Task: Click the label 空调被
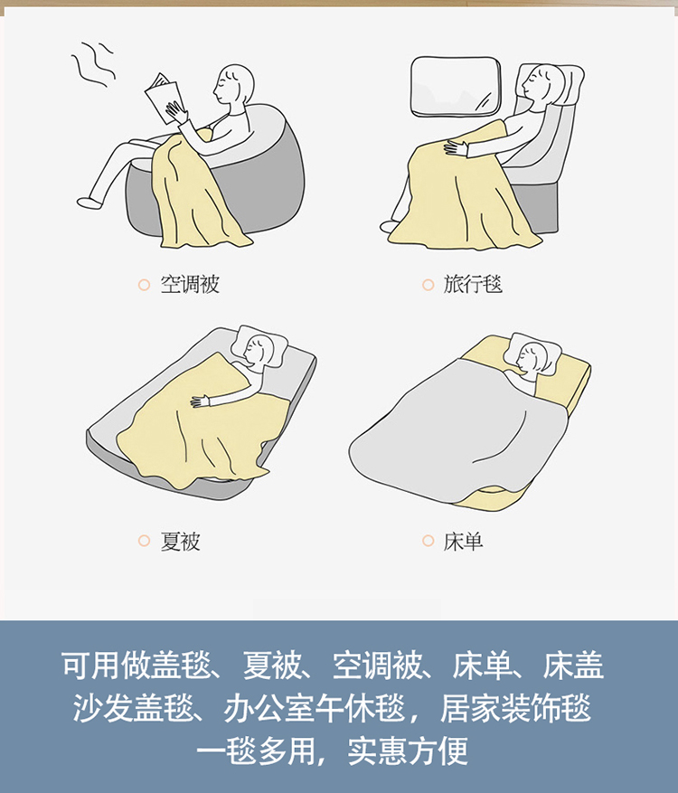[x=190, y=284]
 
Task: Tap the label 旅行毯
[x=473, y=284]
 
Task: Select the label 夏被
[x=180, y=541]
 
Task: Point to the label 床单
[x=463, y=541]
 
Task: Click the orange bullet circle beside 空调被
[x=144, y=285]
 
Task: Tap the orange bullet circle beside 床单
[x=428, y=541]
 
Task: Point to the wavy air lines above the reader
[x=94, y=63]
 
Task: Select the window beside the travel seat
[x=456, y=87]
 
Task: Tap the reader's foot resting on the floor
[x=91, y=203]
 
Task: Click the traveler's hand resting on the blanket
[x=456, y=148]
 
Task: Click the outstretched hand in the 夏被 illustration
[x=200, y=401]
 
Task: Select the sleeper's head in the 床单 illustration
[x=532, y=356]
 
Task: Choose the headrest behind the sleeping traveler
[x=566, y=83]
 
